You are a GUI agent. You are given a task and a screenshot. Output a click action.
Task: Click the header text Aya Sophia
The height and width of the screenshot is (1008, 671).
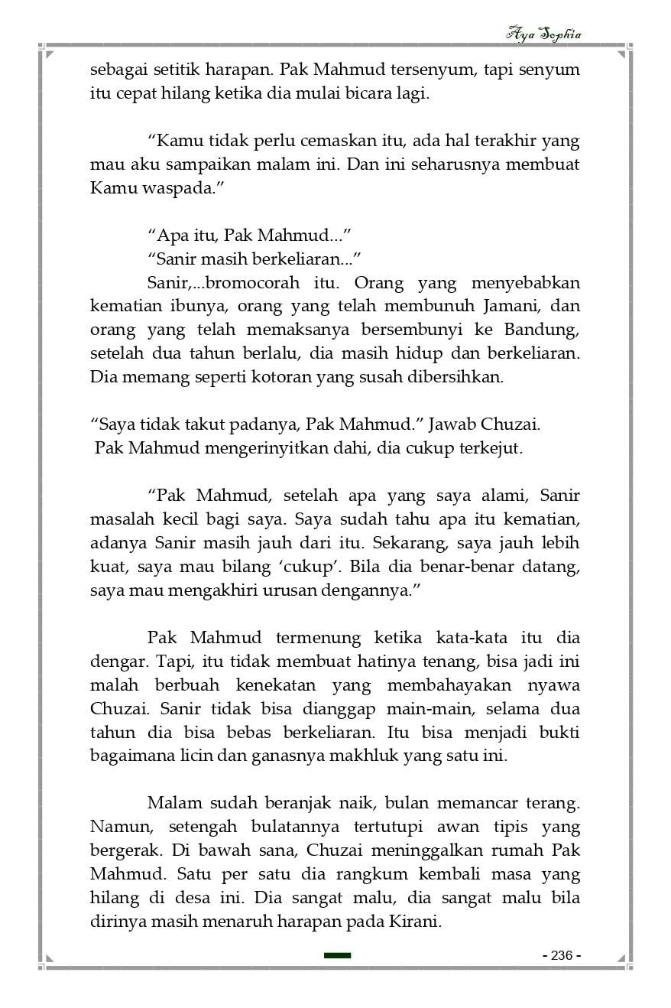point(543,34)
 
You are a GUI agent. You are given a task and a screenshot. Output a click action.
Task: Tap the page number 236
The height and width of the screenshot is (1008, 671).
point(562,955)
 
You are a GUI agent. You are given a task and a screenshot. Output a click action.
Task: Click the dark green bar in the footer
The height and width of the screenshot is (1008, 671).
point(337,955)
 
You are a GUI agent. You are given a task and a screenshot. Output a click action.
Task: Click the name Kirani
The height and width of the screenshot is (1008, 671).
point(417,922)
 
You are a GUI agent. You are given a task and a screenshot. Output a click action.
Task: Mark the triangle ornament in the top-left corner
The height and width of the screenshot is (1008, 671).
point(50,54)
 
